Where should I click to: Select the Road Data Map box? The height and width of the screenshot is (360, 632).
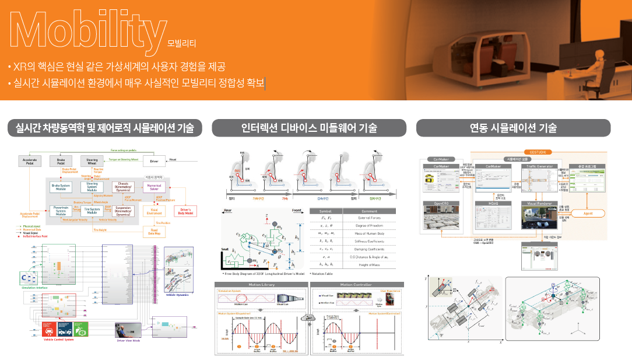click(154, 231)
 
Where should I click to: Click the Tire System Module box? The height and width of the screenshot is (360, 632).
click(92, 210)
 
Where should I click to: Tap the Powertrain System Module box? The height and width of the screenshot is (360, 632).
click(61, 210)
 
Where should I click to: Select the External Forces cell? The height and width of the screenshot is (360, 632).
click(368, 218)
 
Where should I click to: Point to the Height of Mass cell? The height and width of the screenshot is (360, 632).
click(368, 264)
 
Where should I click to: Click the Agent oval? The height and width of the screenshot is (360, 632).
click(589, 214)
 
